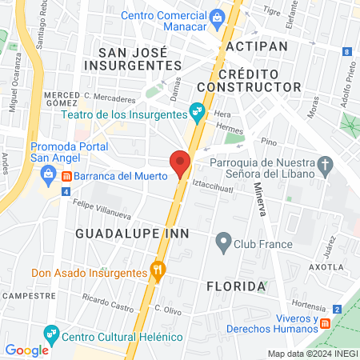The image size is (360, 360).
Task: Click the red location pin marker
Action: tap(180, 163)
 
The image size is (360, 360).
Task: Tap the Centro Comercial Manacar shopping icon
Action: tap(217, 17)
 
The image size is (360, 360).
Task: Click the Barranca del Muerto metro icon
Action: tap(68, 176)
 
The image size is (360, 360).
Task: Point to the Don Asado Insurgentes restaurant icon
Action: tap(159, 272)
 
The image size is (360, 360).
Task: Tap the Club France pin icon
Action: tap(224, 240)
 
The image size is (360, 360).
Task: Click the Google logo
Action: tap(26, 350)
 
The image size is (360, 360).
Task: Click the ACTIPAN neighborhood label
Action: tap(256, 46)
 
